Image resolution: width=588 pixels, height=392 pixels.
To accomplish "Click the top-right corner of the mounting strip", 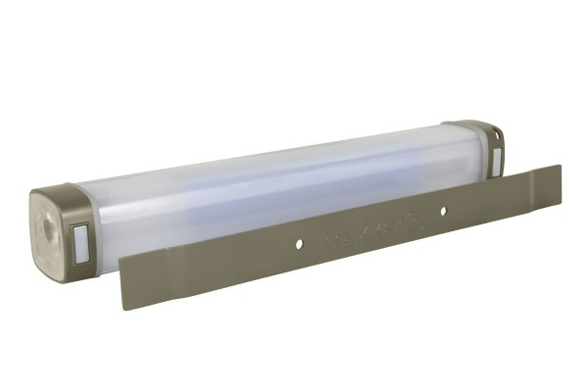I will click(560, 167).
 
